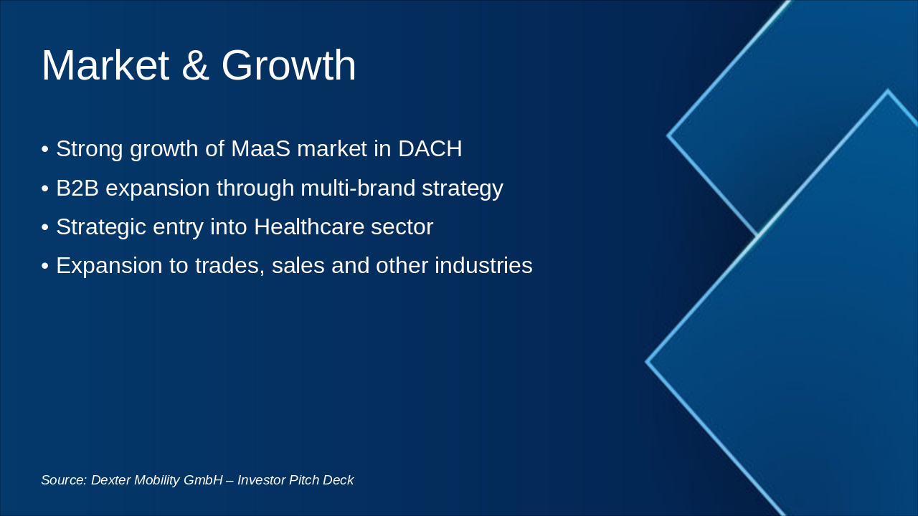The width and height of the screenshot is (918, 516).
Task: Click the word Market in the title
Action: click(x=105, y=66)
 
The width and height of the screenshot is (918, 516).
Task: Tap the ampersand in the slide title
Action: click(x=194, y=66)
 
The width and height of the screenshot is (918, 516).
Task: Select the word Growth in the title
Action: click(x=288, y=66)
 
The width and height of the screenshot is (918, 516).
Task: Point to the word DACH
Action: click(x=430, y=149)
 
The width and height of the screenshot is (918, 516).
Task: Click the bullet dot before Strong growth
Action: click(x=44, y=150)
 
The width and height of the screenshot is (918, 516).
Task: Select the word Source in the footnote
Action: click(x=63, y=480)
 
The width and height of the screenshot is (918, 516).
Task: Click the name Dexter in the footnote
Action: click(x=110, y=480)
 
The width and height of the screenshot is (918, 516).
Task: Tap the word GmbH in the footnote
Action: click(x=203, y=480)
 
